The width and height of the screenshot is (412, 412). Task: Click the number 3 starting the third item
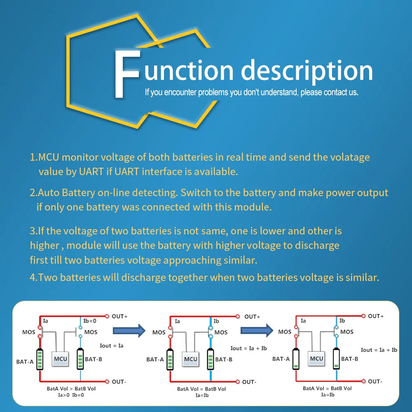tap(33, 231)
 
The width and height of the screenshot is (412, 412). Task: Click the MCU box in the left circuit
tap(61, 359)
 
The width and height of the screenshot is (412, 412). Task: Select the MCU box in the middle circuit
tap(191, 359)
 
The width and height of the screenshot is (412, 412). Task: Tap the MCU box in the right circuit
tap(316, 358)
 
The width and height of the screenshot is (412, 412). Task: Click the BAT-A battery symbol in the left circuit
tap(40, 359)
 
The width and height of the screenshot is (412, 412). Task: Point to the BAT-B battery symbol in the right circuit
tap(337, 359)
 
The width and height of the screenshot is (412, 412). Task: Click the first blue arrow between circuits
tap(129, 330)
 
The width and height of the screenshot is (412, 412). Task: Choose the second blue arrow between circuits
tap(257, 330)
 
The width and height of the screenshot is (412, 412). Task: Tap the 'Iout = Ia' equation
tap(111, 346)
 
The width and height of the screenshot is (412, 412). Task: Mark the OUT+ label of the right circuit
tap(376, 316)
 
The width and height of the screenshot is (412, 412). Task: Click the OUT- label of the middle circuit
tap(248, 382)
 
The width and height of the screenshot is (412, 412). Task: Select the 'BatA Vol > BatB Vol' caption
tap(71, 389)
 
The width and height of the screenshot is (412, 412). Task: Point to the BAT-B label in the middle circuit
tap(224, 359)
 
